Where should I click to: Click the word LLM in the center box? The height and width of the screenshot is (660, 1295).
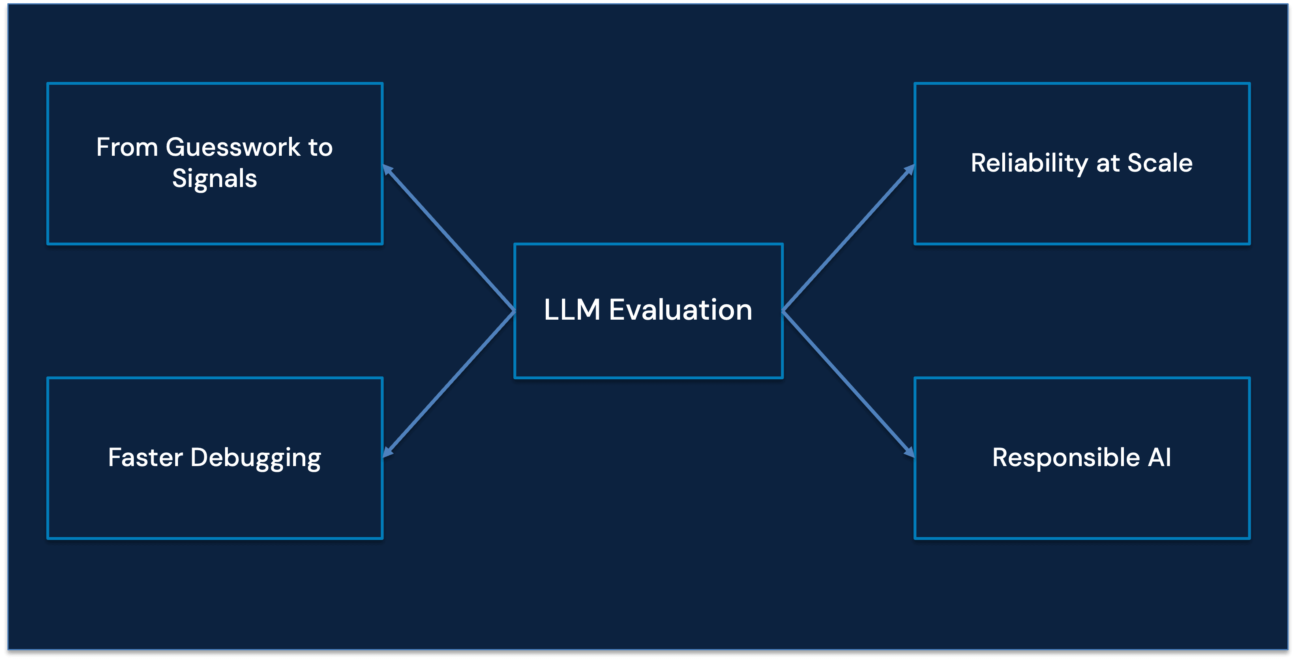[x=572, y=310]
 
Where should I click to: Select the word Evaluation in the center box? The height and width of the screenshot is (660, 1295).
[x=681, y=310]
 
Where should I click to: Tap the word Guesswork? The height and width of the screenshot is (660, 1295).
[x=233, y=147]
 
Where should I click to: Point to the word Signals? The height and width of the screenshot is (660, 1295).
[x=214, y=178]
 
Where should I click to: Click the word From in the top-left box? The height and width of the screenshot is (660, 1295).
[x=127, y=147]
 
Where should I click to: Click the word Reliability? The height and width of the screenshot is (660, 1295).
[x=1029, y=163]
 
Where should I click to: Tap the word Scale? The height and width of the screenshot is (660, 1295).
[x=1160, y=163]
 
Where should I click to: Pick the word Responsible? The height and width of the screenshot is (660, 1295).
[x=1066, y=457]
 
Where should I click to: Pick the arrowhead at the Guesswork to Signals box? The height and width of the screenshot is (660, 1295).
[x=388, y=170]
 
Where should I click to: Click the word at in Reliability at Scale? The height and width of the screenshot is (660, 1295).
[x=1108, y=163]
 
